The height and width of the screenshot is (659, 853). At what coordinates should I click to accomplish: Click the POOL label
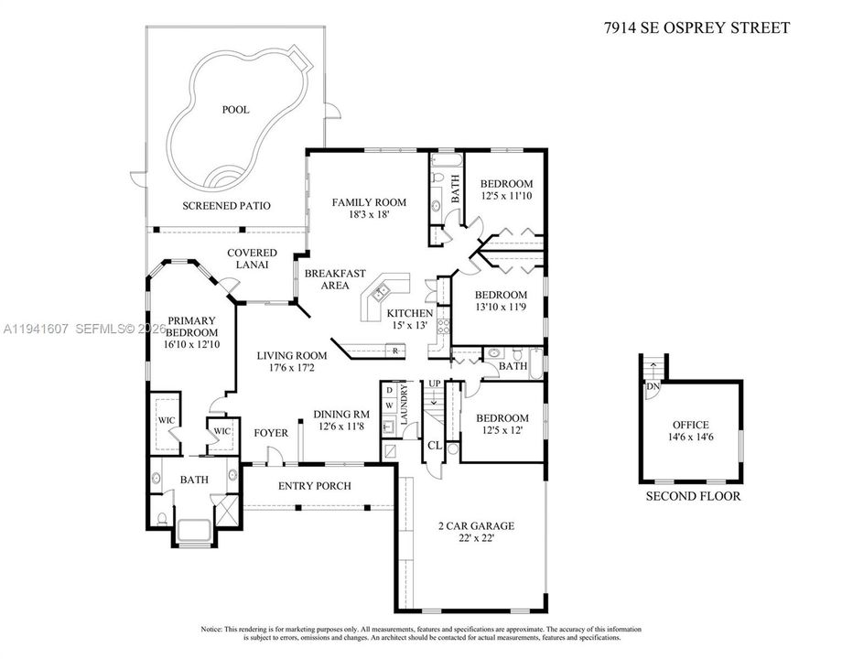coord(235,110)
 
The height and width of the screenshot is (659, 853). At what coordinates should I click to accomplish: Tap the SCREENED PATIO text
coord(226,206)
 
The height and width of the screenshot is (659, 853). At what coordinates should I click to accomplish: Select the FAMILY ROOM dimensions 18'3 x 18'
coord(369,214)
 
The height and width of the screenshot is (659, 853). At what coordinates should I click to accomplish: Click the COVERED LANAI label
coord(252,258)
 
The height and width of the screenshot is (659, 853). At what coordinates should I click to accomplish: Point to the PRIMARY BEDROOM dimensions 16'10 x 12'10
coord(191,344)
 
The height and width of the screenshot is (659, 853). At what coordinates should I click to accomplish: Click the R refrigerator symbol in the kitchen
coord(395,351)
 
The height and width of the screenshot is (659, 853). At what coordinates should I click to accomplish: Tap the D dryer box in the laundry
coord(390,390)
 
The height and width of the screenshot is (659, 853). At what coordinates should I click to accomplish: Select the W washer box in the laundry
coord(390,405)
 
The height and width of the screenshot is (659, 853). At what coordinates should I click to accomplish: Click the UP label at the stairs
coord(434,384)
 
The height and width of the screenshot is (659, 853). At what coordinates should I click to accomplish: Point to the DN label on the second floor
coord(653,386)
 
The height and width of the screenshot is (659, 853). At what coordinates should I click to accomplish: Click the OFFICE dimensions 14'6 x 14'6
coord(690,437)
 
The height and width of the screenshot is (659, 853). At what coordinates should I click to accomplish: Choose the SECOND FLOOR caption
coord(693,496)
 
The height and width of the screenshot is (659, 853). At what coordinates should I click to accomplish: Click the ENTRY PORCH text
coord(315,485)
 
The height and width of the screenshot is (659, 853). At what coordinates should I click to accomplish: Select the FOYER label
coord(271,433)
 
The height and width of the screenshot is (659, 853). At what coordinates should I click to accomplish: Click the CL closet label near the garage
coord(435,446)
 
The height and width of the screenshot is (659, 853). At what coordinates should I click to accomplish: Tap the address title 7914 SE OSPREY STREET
coord(696,27)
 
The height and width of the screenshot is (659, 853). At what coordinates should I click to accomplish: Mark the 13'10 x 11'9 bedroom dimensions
coord(501,307)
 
